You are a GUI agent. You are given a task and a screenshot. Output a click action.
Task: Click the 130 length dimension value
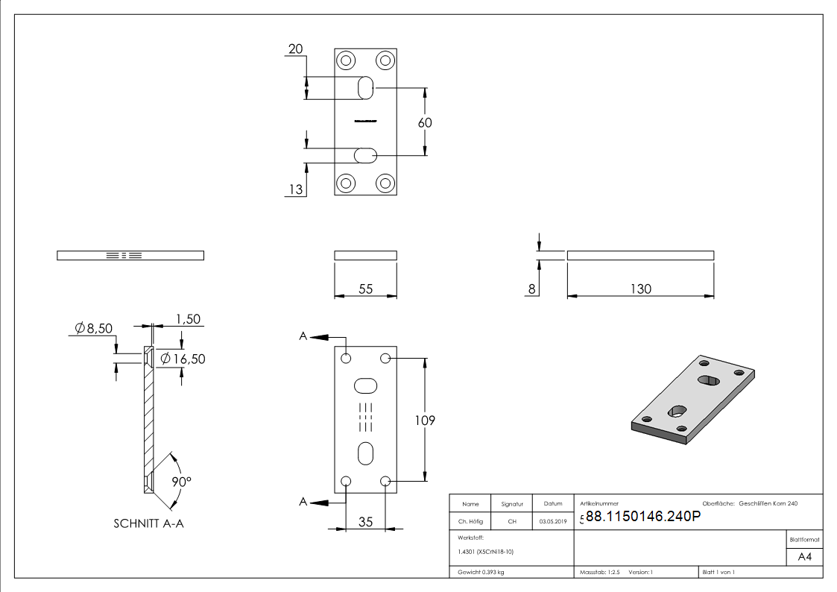(641, 289)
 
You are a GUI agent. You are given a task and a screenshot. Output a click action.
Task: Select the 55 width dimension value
(365, 289)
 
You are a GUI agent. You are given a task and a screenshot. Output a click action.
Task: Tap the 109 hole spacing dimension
(425, 421)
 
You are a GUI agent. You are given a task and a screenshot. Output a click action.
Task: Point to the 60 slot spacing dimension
(425, 122)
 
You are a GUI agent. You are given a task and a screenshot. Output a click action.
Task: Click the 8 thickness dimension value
(531, 289)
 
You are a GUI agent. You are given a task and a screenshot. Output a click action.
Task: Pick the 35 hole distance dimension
(365, 522)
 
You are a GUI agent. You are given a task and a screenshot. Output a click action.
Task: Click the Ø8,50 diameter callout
(94, 328)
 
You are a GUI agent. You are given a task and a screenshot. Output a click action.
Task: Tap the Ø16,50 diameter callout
(183, 359)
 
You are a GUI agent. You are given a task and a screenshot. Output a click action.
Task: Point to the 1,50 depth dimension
(187, 319)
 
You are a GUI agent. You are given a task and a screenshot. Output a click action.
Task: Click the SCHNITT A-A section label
(148, 523)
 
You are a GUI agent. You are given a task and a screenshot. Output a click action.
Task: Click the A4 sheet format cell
(805, 557)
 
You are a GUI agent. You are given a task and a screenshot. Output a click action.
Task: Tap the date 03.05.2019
(552, 521)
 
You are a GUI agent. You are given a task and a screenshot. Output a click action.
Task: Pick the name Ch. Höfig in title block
(470, 521)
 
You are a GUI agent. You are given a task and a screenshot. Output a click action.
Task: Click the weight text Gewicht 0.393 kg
(481, 572)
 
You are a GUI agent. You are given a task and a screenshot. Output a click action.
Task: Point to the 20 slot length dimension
(295, 49)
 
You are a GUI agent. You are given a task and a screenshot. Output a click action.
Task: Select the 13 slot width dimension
(296, 189)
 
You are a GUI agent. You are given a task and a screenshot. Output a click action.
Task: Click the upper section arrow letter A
(303, 337)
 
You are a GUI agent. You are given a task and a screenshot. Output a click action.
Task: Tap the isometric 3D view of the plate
(693, 399)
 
